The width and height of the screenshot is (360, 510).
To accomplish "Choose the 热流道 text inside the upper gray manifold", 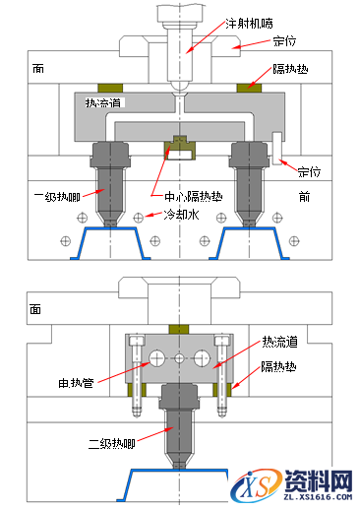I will click(x=103, y=102).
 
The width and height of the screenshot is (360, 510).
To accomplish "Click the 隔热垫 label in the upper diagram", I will click(x=293, y=70).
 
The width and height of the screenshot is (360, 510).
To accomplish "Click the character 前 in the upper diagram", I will click(x=305, y=196).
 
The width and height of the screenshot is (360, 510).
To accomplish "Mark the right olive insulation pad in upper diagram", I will click(x=250, y=88).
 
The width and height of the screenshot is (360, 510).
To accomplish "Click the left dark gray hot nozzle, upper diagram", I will click(x=107, y=177).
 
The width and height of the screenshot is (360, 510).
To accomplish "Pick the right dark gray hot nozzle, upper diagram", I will click(x=249, y=177).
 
